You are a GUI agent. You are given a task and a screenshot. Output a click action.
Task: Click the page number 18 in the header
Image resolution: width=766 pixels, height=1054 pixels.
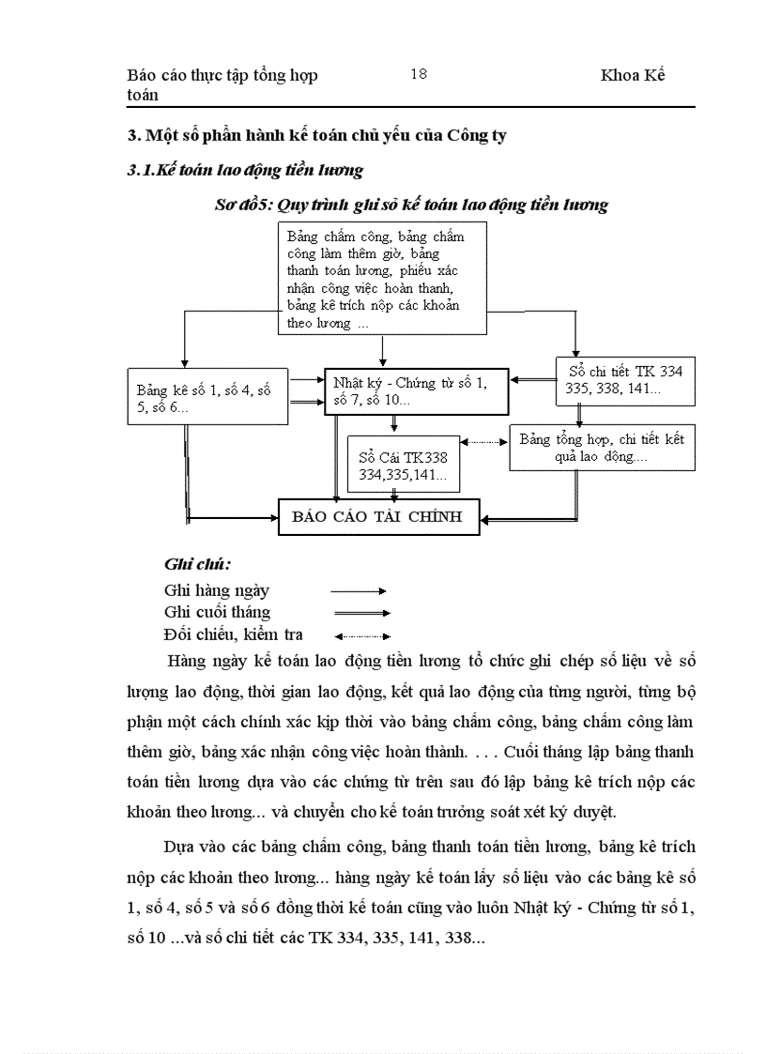click(x=419, y=74)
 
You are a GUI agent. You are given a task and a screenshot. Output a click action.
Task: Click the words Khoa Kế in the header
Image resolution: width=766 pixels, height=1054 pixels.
click(x=633, y=75)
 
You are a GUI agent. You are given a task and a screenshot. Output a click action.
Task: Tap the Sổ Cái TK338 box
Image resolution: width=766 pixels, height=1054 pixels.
click(x=404, y=465)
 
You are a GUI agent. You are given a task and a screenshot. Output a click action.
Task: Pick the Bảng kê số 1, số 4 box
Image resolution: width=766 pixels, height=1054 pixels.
click(x=207, y=396)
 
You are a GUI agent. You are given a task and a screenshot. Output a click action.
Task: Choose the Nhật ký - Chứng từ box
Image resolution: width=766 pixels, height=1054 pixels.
click(x=418, y=390)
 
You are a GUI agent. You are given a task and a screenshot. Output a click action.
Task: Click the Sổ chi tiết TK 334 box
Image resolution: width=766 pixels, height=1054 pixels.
click(x=624, y=379)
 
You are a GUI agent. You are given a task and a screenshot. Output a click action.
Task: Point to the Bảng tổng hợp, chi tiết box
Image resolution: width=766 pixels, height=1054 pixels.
click(x=602, y=447)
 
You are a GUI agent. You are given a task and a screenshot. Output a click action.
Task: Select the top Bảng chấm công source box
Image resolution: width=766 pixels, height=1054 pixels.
click(x=382, y=278)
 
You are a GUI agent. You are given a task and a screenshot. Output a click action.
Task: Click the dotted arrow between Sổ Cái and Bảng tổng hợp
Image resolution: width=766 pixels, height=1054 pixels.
click(x=484, y=441)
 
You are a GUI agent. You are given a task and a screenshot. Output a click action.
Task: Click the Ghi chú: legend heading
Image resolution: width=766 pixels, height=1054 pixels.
click(x=197, y=565)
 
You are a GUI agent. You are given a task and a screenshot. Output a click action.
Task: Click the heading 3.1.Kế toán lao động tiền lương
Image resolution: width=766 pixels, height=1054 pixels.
click(x=245, y=171)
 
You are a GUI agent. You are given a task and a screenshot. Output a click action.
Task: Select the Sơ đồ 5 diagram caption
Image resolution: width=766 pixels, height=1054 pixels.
click(x=411, y=205)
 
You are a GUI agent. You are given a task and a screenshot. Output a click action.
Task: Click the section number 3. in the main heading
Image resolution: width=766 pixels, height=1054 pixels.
click(x=133, y=135)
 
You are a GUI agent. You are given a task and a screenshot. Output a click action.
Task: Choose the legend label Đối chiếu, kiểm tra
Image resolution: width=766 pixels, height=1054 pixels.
click(x=233, y=634)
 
